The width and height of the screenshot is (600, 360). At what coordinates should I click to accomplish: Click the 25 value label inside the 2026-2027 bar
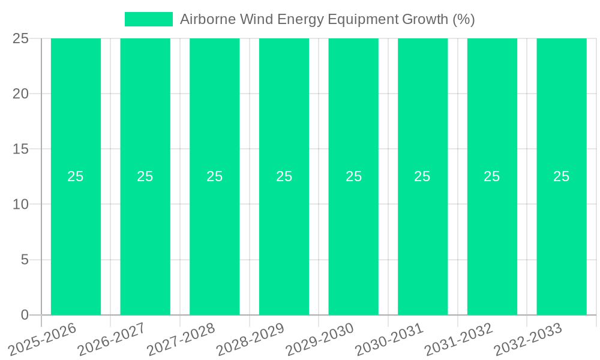145,176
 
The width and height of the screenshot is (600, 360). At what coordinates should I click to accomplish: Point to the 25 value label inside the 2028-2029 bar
284,176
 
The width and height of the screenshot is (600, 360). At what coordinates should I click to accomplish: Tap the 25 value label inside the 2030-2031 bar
422,176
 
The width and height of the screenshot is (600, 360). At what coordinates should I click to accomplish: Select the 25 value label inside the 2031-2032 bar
492,176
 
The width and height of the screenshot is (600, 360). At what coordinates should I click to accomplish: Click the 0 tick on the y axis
25,315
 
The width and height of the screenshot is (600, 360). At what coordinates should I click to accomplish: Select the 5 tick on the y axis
25,260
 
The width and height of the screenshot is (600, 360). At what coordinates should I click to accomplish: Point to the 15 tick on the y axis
21,149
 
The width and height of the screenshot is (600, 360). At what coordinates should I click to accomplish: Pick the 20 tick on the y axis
21,94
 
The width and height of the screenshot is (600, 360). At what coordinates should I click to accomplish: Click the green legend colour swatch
148,19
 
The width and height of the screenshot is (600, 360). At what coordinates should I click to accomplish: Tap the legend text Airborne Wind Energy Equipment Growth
327,19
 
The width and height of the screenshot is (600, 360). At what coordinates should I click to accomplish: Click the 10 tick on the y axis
21,205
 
